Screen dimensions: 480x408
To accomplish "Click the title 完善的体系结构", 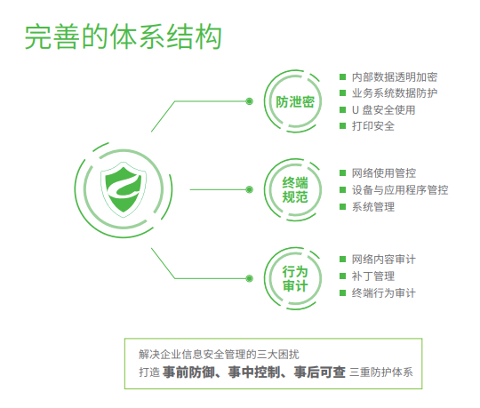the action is [x=123, y=37].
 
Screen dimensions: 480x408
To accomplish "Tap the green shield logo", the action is [x=124, y=189].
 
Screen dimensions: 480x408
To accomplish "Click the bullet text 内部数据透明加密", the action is [x=395, y=76].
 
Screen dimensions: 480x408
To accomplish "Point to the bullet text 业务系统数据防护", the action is [x=395, y=93].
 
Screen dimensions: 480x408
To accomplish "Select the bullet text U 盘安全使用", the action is [x=384, y=110].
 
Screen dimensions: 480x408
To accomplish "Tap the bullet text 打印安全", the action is [x=373, y=126].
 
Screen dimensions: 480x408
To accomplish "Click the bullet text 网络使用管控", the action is [x=384, y=173].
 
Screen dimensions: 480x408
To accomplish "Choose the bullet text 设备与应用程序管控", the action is [x=400, y=189].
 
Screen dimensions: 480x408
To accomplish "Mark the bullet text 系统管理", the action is [x=373, y=207].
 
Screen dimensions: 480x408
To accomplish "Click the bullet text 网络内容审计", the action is [x=384, y=260].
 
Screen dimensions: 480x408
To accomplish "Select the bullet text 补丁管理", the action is [x=373, y=276].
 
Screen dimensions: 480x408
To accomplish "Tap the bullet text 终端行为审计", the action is [x=384, y=293].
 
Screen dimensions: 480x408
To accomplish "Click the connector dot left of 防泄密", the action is [x=250, y=101].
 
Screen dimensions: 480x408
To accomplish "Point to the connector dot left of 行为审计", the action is [x=250, y=278].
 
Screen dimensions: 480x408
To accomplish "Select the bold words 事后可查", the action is [x=320, y=372].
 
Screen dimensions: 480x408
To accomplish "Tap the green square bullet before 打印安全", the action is [x=342, y=126].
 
